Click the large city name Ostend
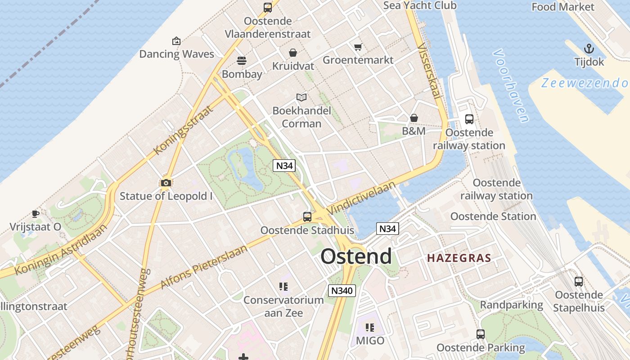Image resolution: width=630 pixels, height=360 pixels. [356, 256]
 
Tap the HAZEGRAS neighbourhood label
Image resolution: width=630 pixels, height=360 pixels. [459, 258]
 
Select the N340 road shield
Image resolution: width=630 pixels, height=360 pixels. [342, 291]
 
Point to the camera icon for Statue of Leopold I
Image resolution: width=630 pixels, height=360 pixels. [166, 183]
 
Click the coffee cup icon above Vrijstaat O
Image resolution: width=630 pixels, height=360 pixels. [36, 214]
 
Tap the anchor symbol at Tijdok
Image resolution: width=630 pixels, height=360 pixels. [589, 49]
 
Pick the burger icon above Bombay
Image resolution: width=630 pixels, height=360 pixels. [242, 61]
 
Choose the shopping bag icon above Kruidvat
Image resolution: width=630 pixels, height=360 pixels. [293, 53]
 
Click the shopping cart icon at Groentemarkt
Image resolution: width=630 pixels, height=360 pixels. [358, 47]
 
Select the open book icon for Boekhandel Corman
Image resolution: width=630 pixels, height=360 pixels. [301, 97]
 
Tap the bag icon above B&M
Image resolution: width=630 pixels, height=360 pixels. [414, 118]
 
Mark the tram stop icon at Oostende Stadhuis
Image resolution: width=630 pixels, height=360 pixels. [307, 217]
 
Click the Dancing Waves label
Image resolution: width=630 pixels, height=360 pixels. [176, 54]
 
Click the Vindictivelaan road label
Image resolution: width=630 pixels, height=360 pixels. [361, 198]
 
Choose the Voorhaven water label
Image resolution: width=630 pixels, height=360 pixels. [510, 85]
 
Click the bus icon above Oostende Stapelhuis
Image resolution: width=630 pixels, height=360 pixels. [579, 282]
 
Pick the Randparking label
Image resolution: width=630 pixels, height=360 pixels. [512, 305]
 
